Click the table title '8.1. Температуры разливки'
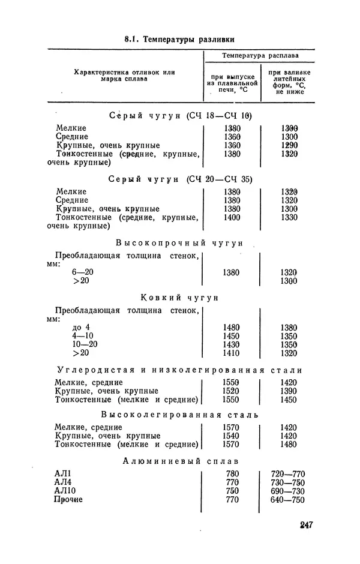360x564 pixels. [x=179, y=39]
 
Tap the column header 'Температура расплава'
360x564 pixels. [x=260, y=56]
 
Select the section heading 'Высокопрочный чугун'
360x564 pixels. [x=179, y=243]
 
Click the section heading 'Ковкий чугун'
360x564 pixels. [x=179, y=298]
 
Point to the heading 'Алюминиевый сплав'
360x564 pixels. [x=180, y=461]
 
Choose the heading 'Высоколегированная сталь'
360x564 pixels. [x=179, y=415]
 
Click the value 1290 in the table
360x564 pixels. [x=289, y=145]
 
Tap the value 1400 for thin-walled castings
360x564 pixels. [x=231, y=217]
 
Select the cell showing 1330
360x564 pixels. [x=289, y=217]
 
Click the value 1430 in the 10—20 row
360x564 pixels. [x=231, y=344]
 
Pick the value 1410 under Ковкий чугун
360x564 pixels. [x=231, y=353]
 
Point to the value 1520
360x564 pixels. [x=231, y=391]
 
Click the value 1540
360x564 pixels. [x=231, y=436]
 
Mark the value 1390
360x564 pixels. [x=289, y=391]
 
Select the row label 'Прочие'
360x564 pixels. [x=68, y=499]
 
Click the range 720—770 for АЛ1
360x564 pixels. [x=288, y=474]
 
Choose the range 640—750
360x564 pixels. [x=288, y=499]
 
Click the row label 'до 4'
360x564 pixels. [x=80, y=327]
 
